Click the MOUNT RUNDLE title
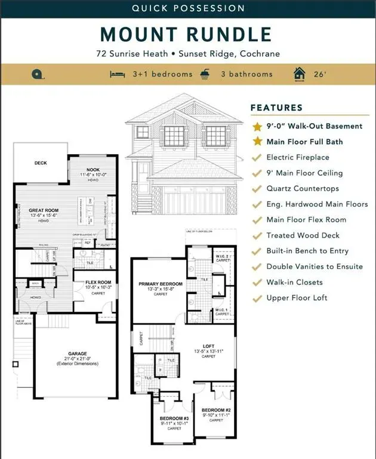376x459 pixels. tap(188, 34)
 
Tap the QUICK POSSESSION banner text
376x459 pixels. tap(188, 8)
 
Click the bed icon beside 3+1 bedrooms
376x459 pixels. tap(117, 74)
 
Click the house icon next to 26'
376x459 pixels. tap(299, 74)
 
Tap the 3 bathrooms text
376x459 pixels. tap(246, 74)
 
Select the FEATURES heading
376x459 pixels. tap(276, 108)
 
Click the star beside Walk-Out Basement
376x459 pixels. tap(257, 127)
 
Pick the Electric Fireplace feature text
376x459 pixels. tap(298, 157)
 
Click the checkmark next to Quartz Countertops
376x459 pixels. tap(257, 188)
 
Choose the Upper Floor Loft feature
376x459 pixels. tap(297, 298)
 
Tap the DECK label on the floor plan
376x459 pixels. tap(40, 163)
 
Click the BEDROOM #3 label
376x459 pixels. tap(174, 418)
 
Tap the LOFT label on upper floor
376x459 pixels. tap(208, 345)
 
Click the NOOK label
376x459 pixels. tap(93, 170)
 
